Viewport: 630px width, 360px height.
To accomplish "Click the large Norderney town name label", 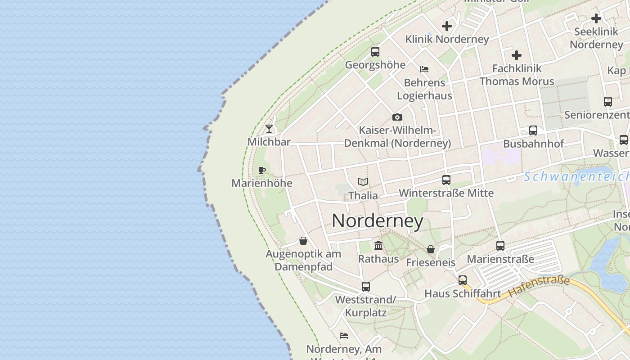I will point(378,221).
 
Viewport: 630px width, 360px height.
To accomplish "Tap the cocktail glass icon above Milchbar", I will point(269,129).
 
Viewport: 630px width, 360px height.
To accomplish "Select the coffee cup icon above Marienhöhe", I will point(262,170).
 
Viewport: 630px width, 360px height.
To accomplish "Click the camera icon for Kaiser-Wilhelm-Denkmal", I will point(397,117).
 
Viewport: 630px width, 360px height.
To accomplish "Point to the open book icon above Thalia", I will point(363,182).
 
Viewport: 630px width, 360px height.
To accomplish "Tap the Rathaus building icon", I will point(378,246).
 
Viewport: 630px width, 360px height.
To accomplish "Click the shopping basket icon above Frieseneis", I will point(431,249).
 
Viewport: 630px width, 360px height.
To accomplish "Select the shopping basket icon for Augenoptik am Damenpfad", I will point(303,241).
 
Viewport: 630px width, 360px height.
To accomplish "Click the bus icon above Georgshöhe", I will point(375,52).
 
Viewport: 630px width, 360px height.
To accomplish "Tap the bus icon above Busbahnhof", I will point(533,130).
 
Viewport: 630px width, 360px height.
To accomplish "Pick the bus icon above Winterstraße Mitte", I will point(446,180).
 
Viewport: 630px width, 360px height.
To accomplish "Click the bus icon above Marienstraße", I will point(500,246).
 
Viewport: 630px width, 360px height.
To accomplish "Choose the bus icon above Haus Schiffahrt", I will point(463,280).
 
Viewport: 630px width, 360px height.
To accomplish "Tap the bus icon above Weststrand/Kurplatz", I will point(366,287).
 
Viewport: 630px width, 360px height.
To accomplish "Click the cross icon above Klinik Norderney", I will point(447,26).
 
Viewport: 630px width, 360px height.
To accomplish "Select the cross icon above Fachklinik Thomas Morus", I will point(517,55).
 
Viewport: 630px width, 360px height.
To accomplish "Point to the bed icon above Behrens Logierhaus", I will point(424,69).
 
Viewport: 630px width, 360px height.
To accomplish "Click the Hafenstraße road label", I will point(539,287).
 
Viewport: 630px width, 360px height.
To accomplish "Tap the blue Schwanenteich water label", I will point(576,176).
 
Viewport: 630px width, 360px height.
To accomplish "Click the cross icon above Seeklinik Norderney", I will point(596,18).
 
